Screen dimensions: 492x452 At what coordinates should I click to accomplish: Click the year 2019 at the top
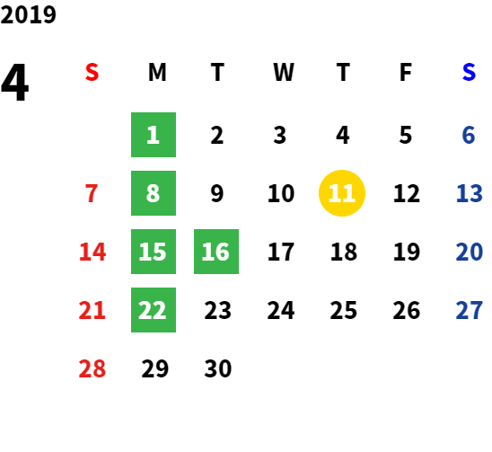[x=28, y=14]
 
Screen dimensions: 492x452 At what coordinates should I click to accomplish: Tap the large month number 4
[x=14, y=83]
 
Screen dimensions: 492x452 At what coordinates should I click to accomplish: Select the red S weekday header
[x=92, y=72]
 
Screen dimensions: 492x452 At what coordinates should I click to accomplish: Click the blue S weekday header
[x=469, y=72]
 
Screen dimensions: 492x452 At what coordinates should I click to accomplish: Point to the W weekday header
[x=284, y=72]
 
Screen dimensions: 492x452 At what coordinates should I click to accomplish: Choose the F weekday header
[x=406, y=72]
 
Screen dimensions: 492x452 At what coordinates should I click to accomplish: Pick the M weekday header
[x=157, y=72]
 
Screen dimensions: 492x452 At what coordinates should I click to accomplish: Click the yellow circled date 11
[x=342, y=193]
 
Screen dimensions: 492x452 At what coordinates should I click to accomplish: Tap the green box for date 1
[x=154, y=135]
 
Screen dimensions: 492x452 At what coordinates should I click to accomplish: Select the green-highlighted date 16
[x=216, y=252]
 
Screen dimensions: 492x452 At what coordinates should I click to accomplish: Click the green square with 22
[x=154, y=310]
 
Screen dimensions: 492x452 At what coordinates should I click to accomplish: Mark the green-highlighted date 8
[x=154, y=193]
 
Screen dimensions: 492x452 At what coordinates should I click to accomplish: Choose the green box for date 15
[x=154, y=252]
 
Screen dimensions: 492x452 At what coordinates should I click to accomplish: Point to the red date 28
[x=92, y=368]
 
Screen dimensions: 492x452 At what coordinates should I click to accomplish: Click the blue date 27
[x=469, y=310]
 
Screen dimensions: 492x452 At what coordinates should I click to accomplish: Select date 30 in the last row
[x=218, y=368]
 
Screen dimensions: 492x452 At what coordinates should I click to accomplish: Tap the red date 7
[x=92, y=193]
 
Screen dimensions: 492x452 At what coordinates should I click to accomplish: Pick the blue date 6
[x=469, y=135]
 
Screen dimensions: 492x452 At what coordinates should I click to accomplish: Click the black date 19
[x=407, y=252]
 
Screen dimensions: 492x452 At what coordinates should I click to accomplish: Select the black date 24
[x=281, y=310]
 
